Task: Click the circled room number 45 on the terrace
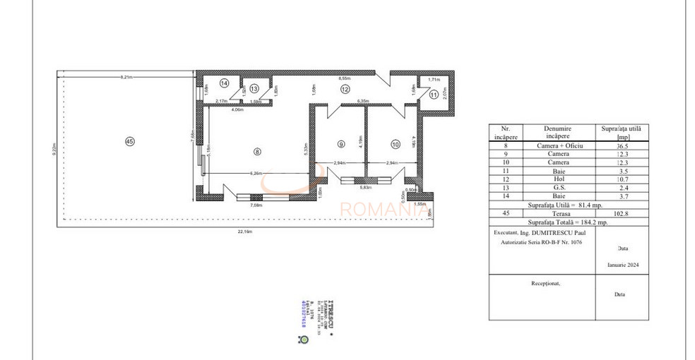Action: tap(129, 141)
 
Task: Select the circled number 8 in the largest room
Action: tap(257, 150)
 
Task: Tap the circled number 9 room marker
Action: tap(340, 144)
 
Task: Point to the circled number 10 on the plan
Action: tap(394, 144)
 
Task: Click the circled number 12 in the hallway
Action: tap(345, 90)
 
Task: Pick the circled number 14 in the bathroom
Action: tap(224, 83)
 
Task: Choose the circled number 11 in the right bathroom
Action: tap(433, 95)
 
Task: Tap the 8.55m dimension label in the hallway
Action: tap(344, 78)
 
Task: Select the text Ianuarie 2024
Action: tap(623, 267)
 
